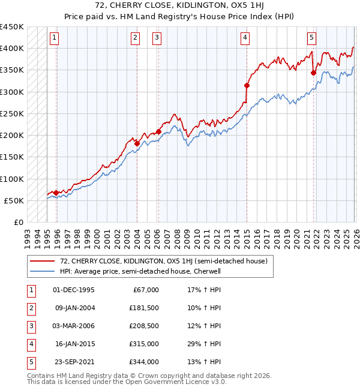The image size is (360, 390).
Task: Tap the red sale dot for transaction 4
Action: point(247,86)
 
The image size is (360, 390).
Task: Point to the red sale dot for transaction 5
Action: point(313,73)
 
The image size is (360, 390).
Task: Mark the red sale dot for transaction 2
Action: point(137,143)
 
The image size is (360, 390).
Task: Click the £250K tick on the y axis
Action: point(11,113)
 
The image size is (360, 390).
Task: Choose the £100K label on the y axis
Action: point(11,179)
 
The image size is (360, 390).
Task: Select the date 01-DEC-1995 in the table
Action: point(74,290)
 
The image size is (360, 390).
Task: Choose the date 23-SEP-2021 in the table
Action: point(74,362)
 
